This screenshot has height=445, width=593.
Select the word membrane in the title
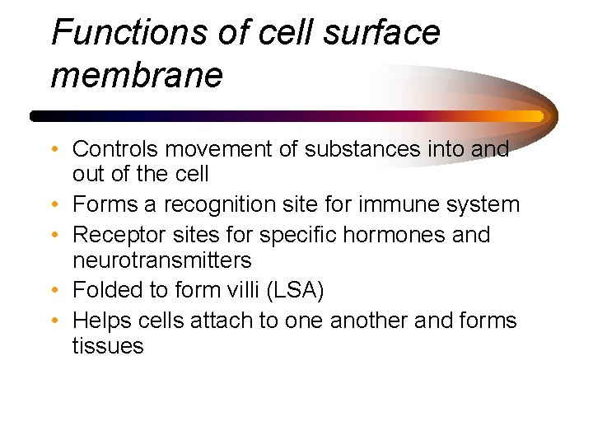click(137, 76)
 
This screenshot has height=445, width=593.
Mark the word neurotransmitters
click(162, 260)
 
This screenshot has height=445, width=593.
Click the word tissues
click(108, 345)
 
